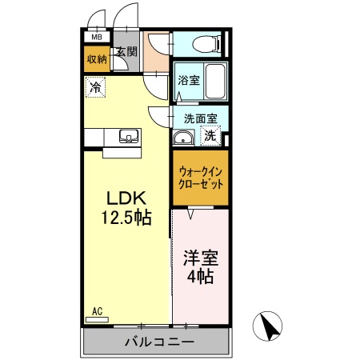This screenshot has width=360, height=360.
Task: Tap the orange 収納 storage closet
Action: point(96,58)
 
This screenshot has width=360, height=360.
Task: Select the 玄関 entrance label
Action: point(126,52)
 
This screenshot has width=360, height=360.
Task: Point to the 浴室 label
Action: point(188,80)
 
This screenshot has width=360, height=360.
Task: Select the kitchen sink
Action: point(129,135)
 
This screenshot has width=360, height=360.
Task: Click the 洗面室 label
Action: point(201,118)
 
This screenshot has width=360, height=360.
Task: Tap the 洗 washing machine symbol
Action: point(210,136)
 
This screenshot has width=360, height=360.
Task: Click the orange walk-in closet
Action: point(198,176)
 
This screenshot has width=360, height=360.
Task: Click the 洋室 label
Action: point(201,260)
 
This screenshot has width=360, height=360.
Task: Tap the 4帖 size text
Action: point(201,278)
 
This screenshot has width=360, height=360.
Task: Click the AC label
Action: point(98,311)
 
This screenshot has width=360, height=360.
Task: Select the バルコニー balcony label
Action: point(158,342)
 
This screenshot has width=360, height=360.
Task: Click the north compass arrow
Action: point(270,326)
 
